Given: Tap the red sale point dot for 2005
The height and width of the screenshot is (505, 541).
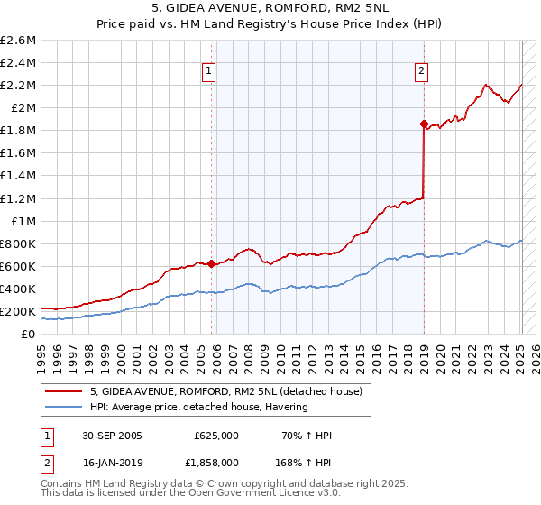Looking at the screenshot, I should [x=212, y=263].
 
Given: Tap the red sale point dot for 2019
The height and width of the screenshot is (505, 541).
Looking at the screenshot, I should [x=424, y=123].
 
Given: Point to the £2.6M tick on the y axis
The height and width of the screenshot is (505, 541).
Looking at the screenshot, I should [x=19, y=41].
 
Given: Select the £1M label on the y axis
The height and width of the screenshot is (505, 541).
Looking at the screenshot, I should [x=23, y=221].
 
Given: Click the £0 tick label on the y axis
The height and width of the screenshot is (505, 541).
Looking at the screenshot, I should [x=28, y=334].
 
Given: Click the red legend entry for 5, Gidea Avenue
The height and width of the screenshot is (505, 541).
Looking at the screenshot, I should [x=225, y=391].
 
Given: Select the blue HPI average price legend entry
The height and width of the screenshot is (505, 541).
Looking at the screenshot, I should [x=198, y=407].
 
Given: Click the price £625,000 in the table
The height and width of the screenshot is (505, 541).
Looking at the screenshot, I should [x=216, y=436].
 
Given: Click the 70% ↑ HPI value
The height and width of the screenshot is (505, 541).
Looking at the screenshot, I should [x=306, y=436].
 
